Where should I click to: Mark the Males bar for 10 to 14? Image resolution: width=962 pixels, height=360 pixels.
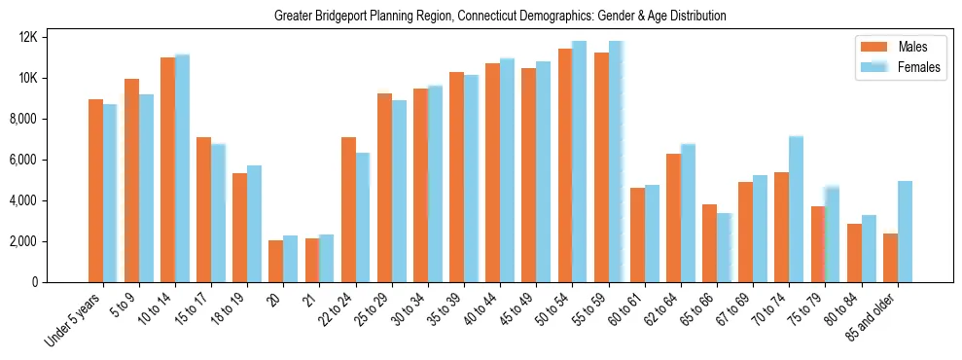167,169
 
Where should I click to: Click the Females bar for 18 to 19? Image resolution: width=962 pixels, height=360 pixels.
254,224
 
